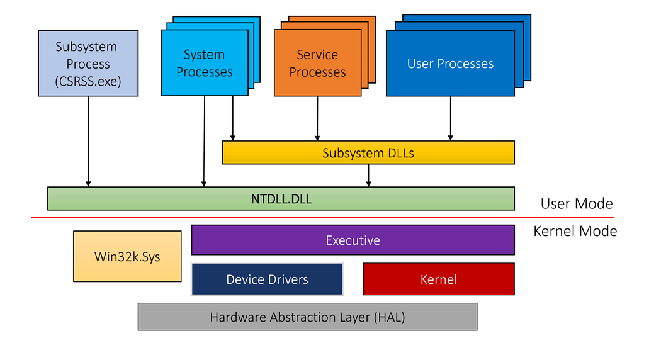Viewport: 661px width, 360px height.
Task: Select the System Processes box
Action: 204,64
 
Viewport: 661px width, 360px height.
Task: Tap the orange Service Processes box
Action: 317,64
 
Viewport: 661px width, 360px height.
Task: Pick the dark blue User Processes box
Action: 450,64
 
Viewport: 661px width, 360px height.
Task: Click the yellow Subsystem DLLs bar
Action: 368,153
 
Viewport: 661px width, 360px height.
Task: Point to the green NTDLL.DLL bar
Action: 281,198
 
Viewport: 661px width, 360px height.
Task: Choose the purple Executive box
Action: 353,240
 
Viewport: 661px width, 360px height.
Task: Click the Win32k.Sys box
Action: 127,256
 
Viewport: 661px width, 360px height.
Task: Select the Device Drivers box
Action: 267,279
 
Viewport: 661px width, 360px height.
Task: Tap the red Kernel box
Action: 439,279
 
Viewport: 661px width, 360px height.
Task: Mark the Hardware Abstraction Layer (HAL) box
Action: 307,317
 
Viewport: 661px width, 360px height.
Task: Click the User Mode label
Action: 576,203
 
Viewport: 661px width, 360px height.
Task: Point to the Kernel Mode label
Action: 575,231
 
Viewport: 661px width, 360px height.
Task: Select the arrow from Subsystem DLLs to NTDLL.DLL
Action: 369,176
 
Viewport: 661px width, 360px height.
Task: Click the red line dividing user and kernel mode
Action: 315,218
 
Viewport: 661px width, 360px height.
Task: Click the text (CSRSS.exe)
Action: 88,81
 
